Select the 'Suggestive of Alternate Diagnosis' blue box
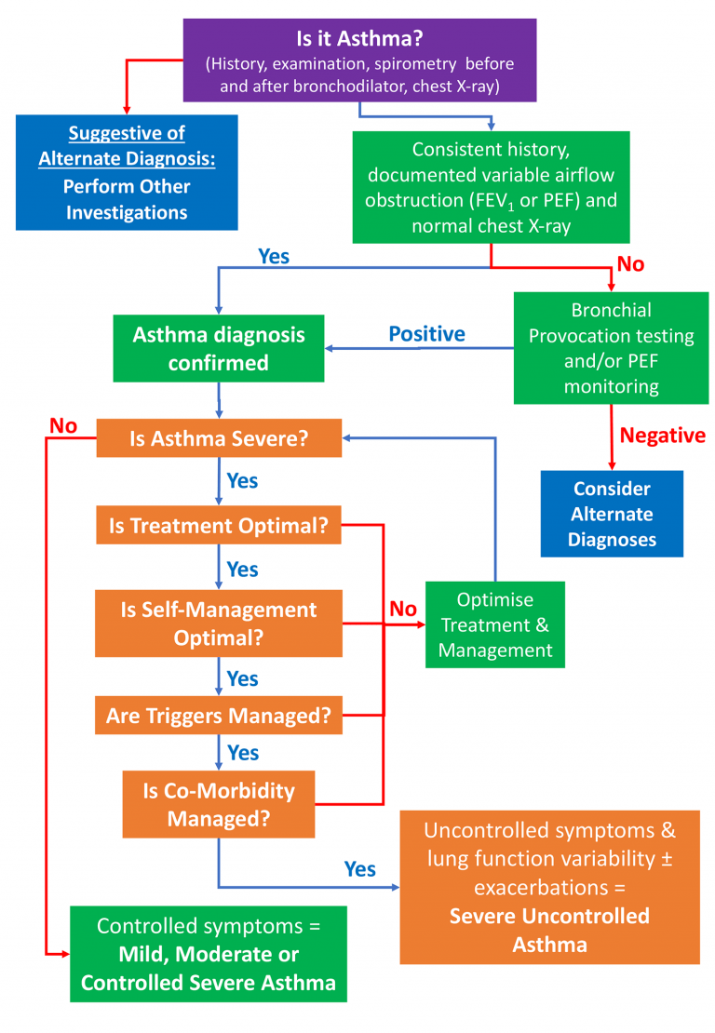pyautogui.click(x=127, y=172)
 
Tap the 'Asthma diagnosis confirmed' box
pyautogui.click(x=219, y=348)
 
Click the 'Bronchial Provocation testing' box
pyautogui.click(x=611, y=348)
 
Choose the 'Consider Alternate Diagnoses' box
pyautogui.click(x=612, y=514)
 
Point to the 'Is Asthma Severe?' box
pyautogui.click(x=219, y=438)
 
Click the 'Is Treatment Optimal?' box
pyautogui.click(x=219, y=525)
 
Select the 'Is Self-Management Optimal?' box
pyautogui.click(x=219, y=624)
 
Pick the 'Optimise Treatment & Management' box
pyautogui.click(x=495, y=624)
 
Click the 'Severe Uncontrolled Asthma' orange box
pyautogui.click(x=549, y=888)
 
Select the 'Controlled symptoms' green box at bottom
pyautogui.click(x=209, y=954)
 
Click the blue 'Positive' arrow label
pyautogui.click(x=426, y=333)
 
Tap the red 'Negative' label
pyautogui.click(x=663, y=435)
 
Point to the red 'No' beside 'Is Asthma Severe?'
pyautogui.click(x=63, y=425)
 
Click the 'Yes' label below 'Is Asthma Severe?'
pyautogui.click(x=242, y=481)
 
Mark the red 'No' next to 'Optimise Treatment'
pyautogui.click(x=403, y=609)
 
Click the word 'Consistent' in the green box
pyautogui.click(x=455, y=150)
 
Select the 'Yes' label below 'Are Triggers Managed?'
pyautogui.click(x=243, y=752)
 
